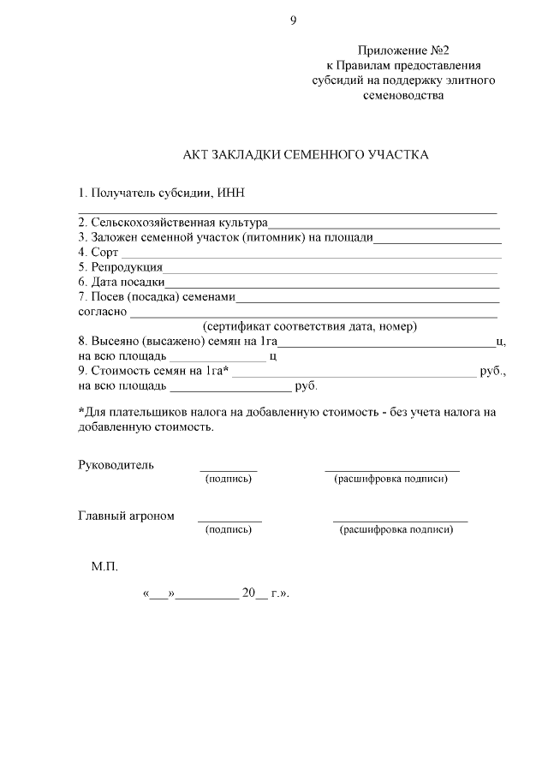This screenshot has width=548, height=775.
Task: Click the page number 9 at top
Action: (293, 21)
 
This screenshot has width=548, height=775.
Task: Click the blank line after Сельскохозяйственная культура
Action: (384, 225)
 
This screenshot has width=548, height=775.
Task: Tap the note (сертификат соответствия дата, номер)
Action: (309, 327)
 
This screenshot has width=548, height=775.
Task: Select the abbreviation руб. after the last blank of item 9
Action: (306, 387)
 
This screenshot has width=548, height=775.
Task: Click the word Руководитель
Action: (116, 465)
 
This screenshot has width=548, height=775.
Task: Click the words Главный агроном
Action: (126, 516)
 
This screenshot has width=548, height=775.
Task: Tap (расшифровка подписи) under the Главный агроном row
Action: (396, 530)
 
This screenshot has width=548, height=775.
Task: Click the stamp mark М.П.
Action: (104, 567)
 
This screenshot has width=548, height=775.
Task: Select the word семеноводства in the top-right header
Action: (402, 95)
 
